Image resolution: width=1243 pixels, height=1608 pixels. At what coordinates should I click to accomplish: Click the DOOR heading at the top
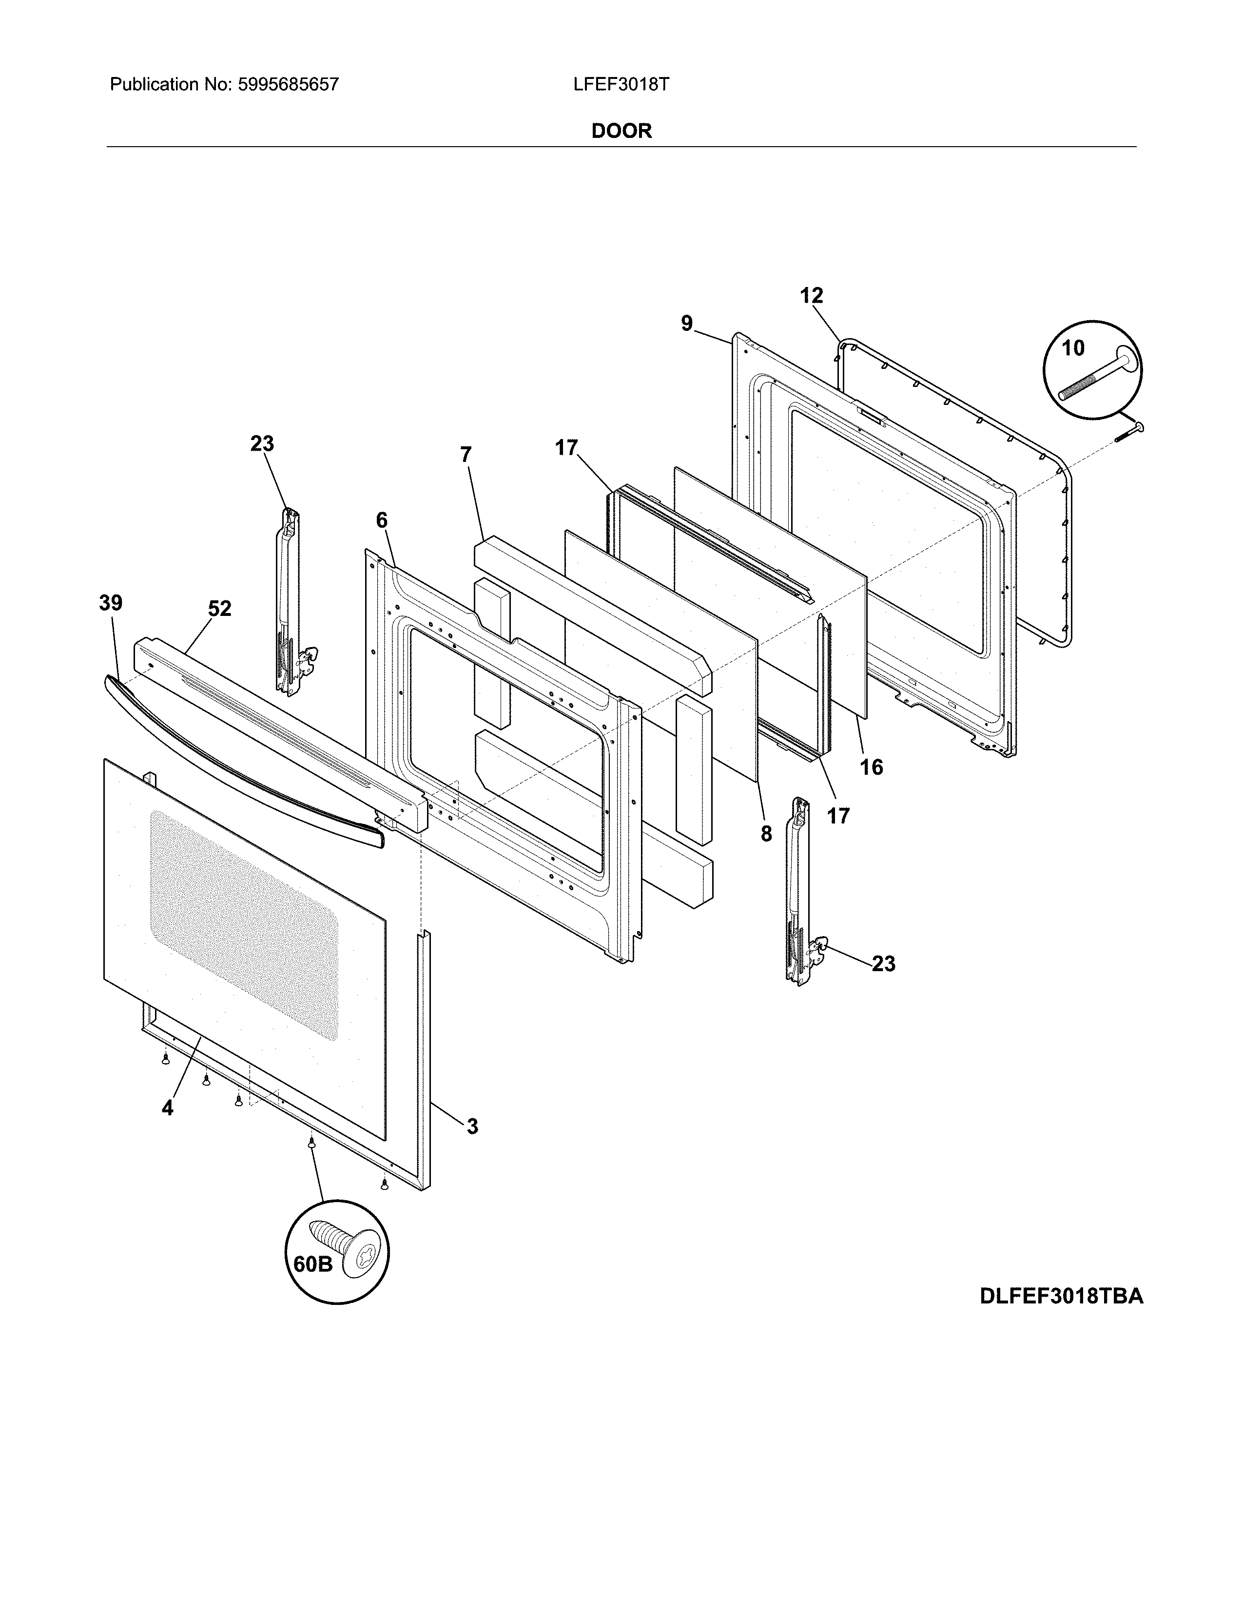coord(621,131)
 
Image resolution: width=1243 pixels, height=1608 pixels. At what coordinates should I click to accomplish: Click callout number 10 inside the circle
coord(1073,348)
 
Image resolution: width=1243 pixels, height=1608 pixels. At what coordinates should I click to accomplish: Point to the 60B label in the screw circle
coord(313,1263)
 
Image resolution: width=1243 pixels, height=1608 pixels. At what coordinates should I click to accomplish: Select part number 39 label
coord(111,603)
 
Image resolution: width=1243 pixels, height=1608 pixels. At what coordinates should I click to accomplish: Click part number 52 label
coord(219,609)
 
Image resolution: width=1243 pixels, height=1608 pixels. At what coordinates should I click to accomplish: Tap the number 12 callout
coord(812,296)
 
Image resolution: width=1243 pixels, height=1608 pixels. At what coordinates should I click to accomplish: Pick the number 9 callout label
coord(686,323)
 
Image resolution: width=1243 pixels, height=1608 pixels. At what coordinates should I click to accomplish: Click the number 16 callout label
coord(871,767)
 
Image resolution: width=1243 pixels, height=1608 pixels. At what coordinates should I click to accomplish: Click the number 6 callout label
coord(382,520)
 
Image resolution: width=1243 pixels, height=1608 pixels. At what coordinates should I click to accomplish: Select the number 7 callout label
coord(466,455)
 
